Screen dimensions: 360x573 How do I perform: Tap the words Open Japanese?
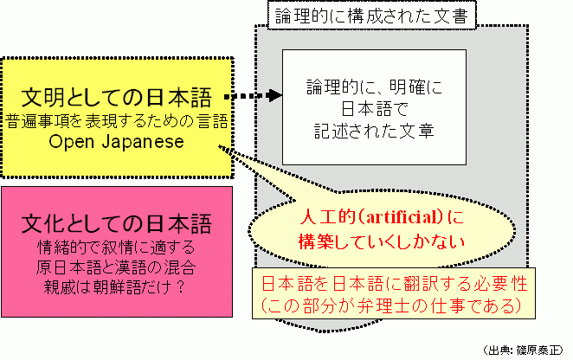point(117,142)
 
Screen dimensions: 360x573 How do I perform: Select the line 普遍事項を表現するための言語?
point(117,119)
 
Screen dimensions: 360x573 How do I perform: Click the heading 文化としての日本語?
point(117,222)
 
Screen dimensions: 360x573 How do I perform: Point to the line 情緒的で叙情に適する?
point(117,246)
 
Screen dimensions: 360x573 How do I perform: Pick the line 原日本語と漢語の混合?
point(117,264)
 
